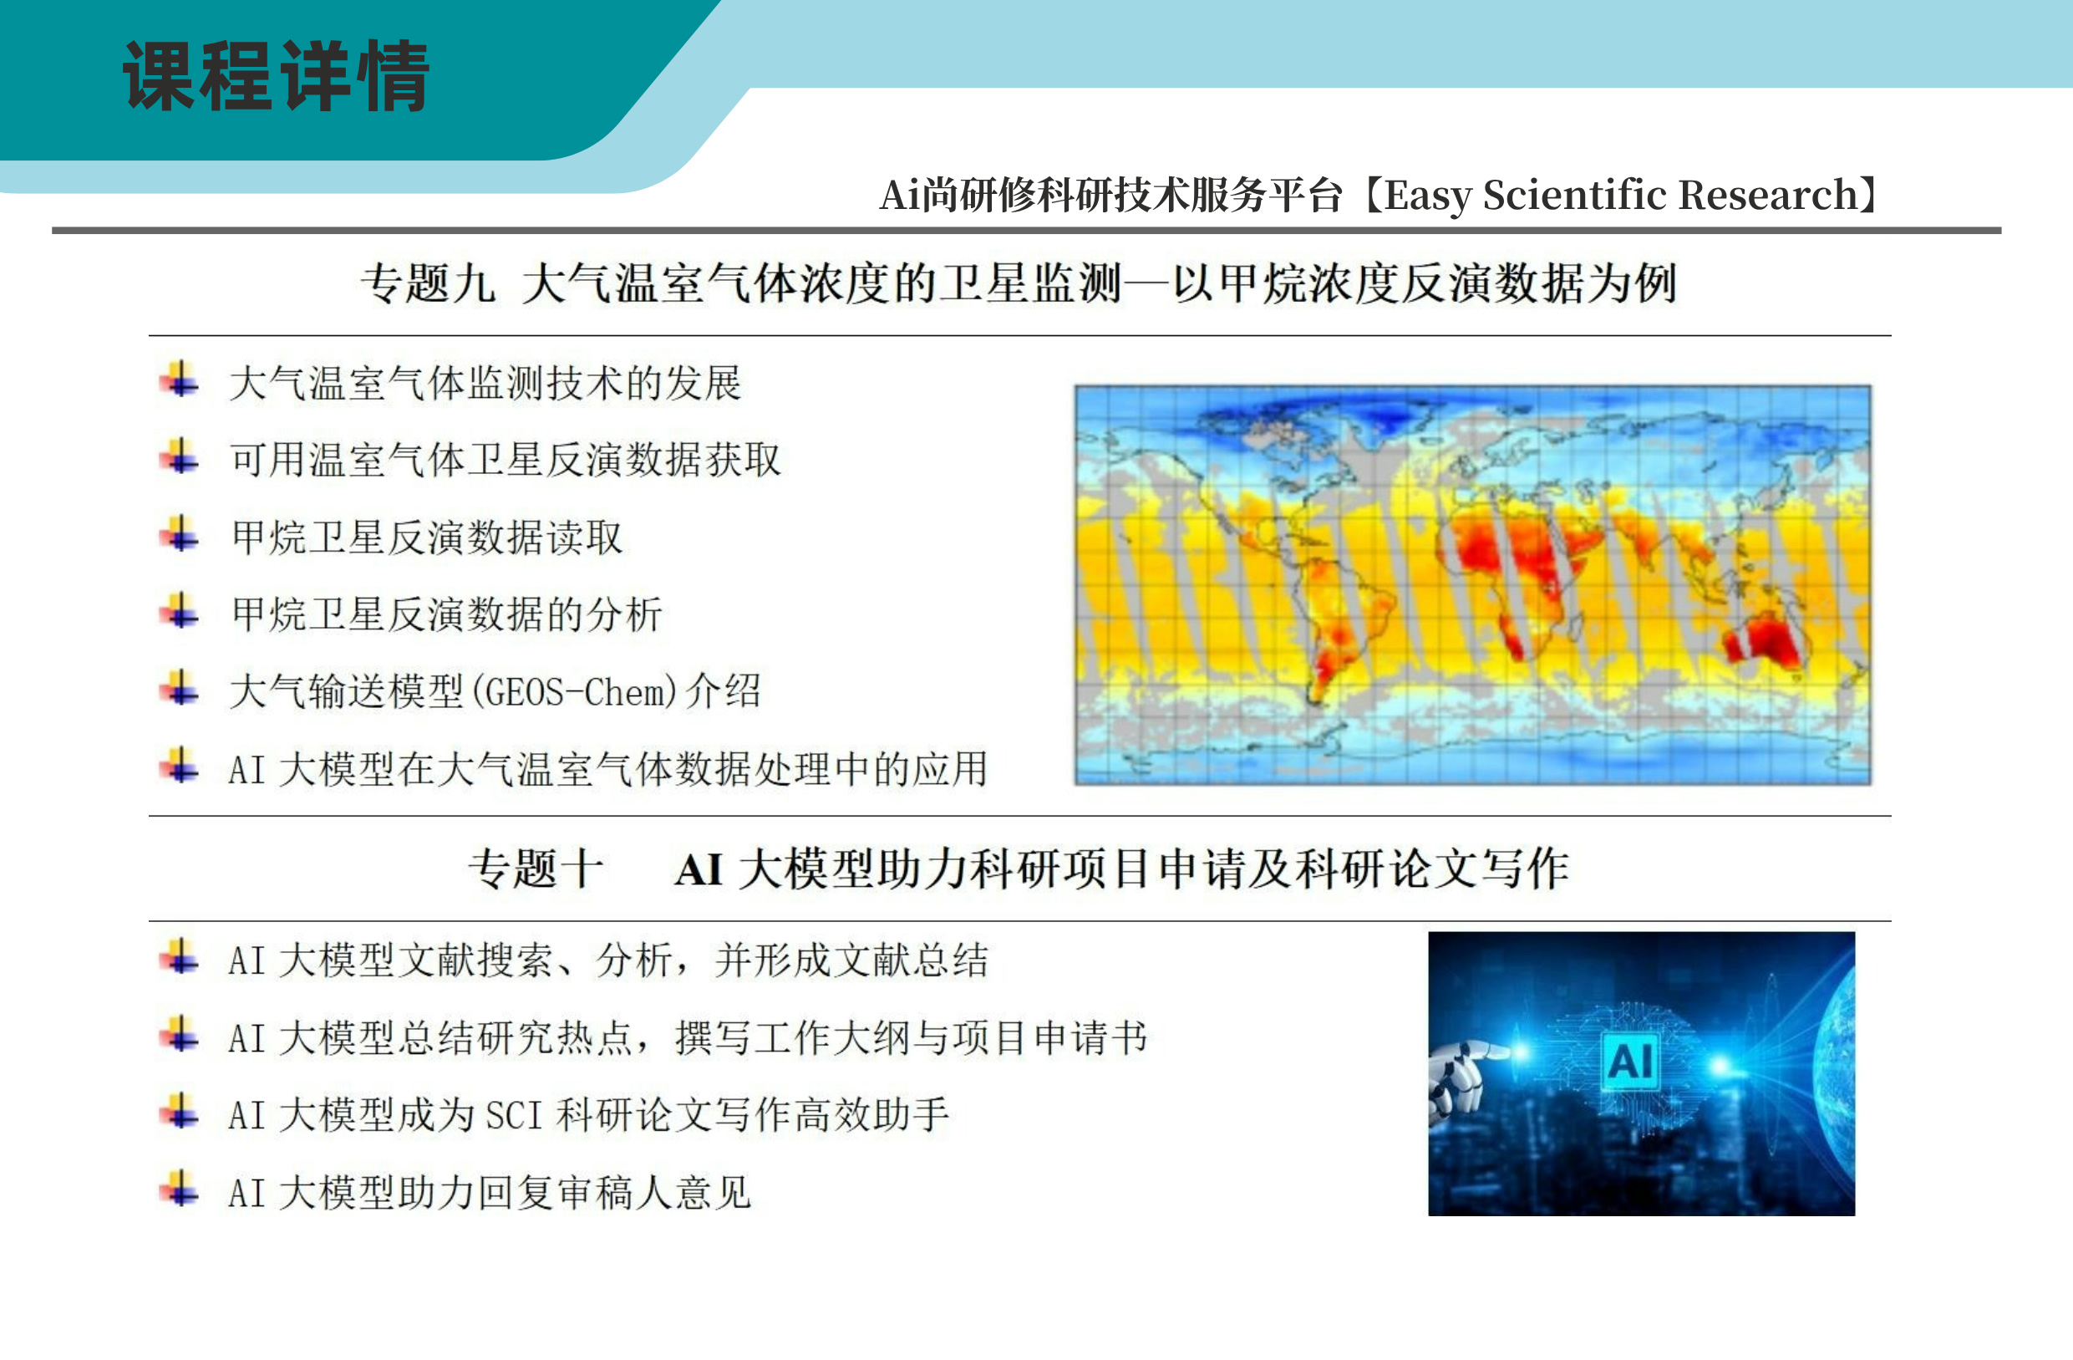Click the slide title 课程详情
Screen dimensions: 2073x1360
click(x=277, y=76)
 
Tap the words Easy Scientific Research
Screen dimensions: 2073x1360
click(x=1621, y=194)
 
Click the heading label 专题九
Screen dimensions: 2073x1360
click(x=428, y=283)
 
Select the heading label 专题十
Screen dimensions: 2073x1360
click(x=536, y=868)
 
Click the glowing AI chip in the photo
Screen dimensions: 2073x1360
click(x=1629, y=1060)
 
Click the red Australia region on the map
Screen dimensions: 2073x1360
click(x=1763, y=639)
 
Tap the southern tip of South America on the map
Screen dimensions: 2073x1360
click(x=1316, y=697)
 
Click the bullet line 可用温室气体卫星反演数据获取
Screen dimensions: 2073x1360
click(x=506, y=460)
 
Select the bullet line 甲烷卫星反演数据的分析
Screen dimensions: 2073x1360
click(x=447, y=614)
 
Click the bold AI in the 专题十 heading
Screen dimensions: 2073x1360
click(x=699, y=869)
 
